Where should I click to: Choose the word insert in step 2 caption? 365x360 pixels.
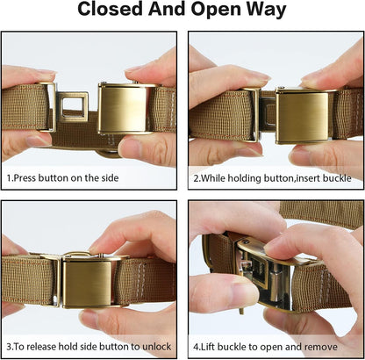point(294,176)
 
